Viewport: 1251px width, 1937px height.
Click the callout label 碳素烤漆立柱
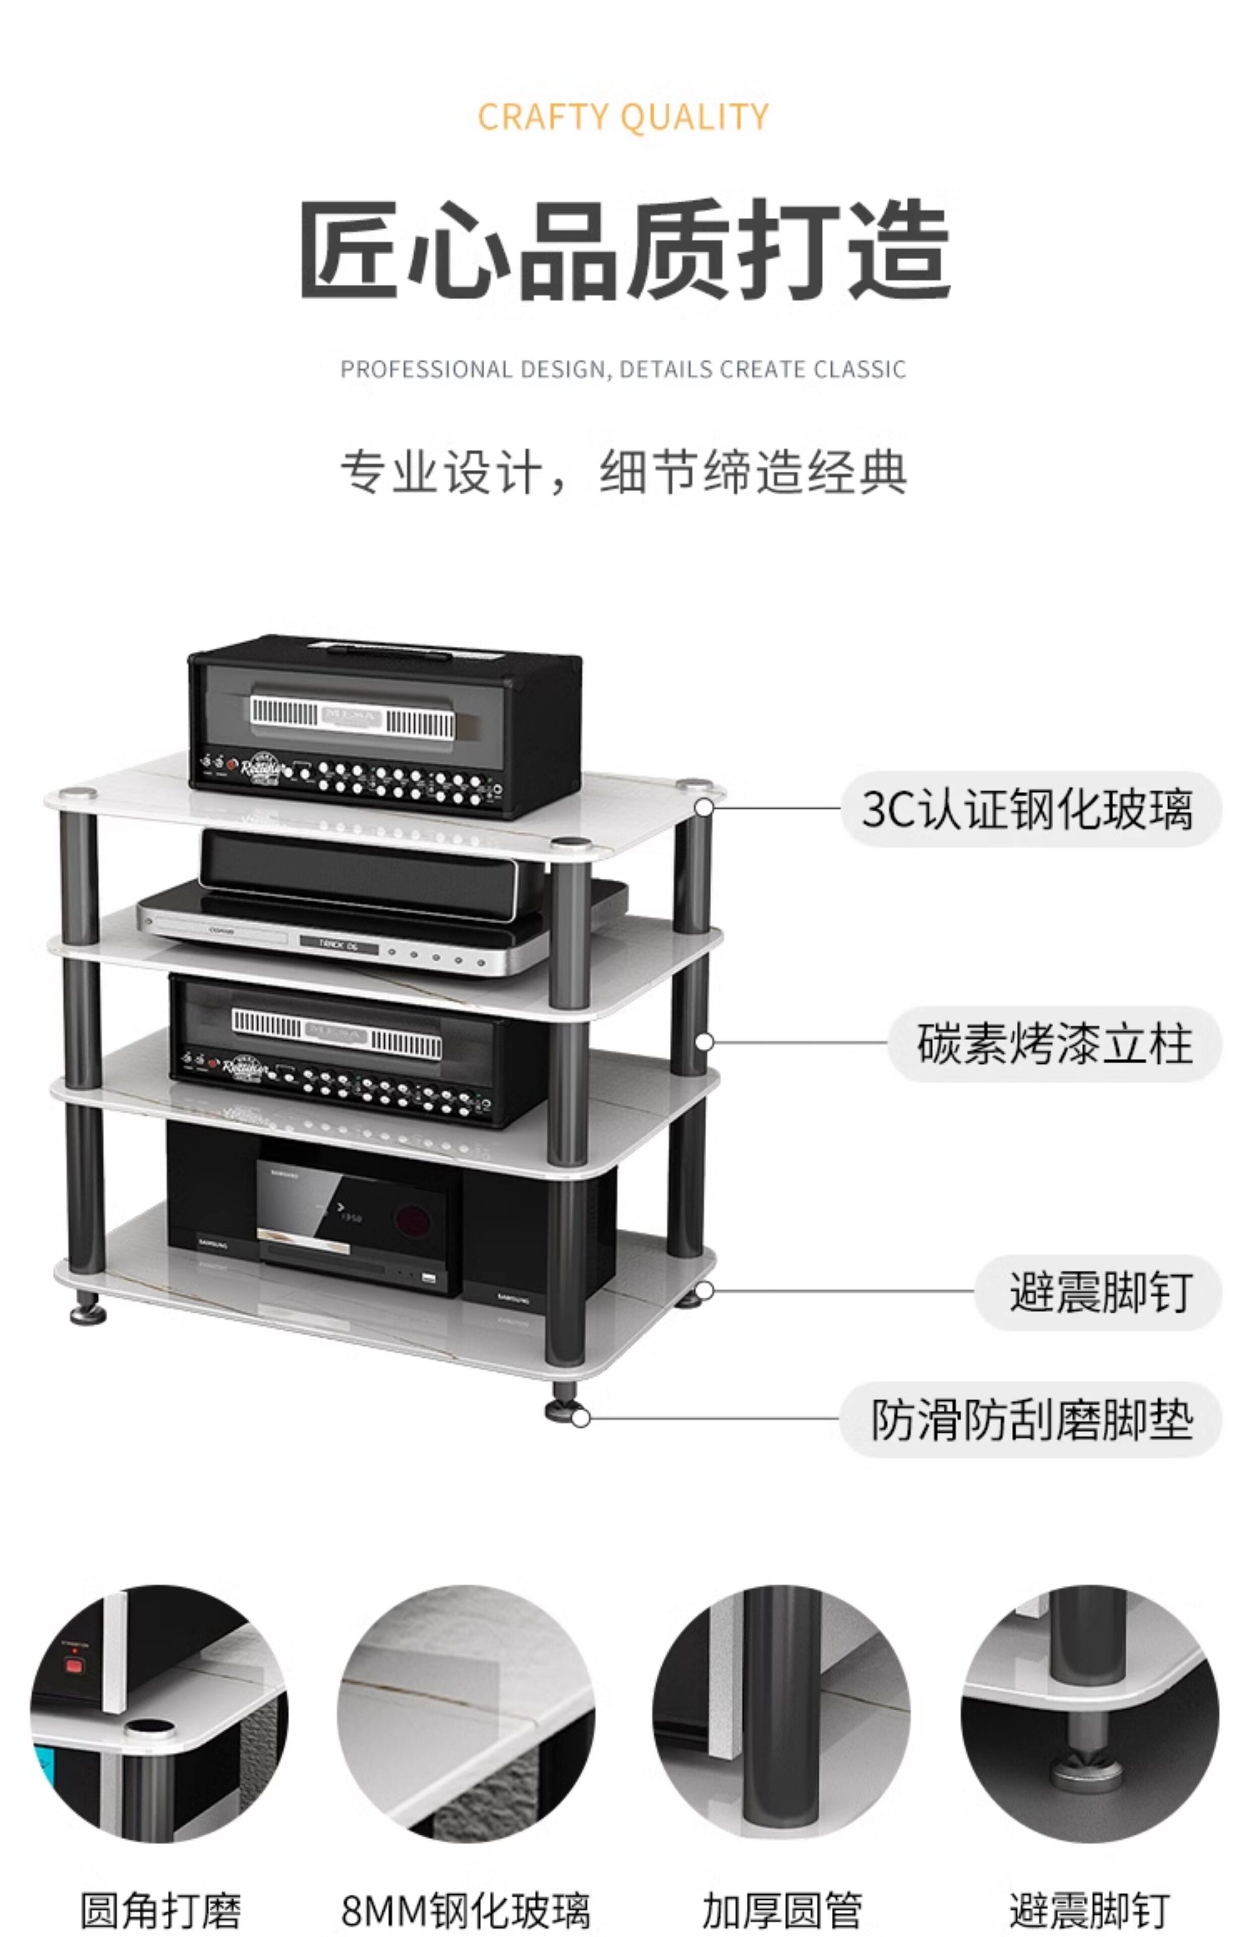coord(1054,1044)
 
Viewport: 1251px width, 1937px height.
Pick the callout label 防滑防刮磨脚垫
coord(1032,1419)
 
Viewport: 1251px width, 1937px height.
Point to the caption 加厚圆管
coord(781,1910)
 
